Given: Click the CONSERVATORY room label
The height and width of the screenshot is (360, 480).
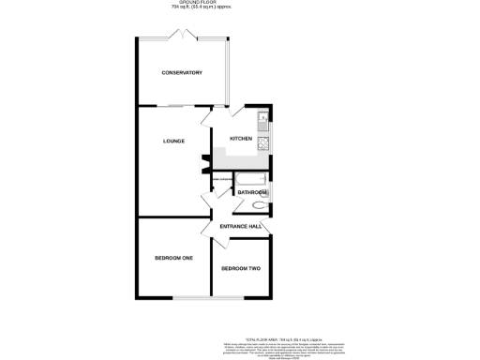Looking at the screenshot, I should (x=182, y=73).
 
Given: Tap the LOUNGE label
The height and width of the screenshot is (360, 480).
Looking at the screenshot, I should (x=173, y=142).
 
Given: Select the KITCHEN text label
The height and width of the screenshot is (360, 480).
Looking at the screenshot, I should (x=241, y=138).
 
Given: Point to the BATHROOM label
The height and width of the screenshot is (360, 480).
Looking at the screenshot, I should (x=252, y=192).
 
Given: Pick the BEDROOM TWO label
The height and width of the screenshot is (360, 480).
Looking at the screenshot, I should (x=241, y=269).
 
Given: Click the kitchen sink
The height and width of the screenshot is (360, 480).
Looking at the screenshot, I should (x=263, y=119).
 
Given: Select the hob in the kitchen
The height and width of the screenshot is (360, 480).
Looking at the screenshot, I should (x=263, y=142).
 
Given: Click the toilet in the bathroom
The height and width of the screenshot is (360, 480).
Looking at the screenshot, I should (x=260, y=203).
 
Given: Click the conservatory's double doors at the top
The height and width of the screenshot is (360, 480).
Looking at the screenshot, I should (x=181, y=36).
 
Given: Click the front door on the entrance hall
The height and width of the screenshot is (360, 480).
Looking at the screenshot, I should (x=268, y=226).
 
